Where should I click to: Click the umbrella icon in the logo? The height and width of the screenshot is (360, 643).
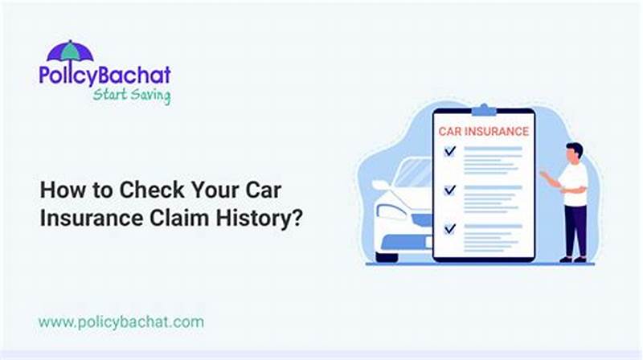coord(71,51)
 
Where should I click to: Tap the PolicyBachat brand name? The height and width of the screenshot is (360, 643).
coord(104,76)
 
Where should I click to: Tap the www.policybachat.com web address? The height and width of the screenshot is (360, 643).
coord(121,322)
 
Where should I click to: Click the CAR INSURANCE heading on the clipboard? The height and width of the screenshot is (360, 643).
coord(483,130)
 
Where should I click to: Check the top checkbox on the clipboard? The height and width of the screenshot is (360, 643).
coord(450,150)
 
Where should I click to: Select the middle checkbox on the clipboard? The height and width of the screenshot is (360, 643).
coord(450,190)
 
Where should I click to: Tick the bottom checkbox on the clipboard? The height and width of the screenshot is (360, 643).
coord(450,229)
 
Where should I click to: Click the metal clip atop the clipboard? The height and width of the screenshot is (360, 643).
coord(483,109)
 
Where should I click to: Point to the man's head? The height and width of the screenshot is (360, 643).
coord(574,152)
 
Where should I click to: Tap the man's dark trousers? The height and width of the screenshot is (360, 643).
coord(575,229)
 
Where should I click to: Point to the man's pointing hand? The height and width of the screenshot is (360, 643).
coord(543,172)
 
